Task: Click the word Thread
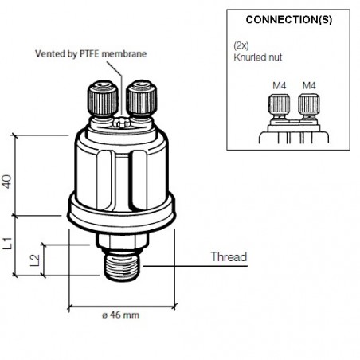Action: coord(229,257)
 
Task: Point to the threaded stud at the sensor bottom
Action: coord(121,267)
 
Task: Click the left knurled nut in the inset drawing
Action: coord(280,105)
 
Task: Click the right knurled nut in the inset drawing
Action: coord(307,105)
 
